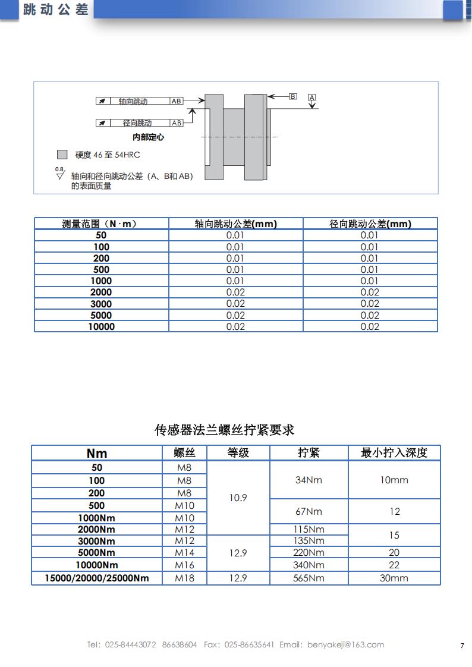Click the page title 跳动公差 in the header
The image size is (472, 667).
55,10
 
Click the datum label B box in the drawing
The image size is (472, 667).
292,96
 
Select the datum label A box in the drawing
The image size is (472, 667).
312,97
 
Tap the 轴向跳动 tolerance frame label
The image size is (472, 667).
133,101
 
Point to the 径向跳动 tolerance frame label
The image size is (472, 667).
137,123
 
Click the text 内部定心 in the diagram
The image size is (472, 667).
148,137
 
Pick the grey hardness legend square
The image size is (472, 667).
62,155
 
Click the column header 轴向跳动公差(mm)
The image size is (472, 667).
236,224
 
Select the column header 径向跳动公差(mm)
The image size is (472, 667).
370,224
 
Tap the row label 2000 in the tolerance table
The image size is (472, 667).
101,292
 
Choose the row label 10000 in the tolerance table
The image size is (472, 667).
101,326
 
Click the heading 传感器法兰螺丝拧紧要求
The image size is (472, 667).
224,430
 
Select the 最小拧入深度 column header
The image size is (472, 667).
394,452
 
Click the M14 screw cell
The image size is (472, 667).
184,552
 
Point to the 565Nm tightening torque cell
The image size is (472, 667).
309,578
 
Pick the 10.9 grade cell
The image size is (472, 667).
238,498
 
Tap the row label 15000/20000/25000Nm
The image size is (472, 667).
97,578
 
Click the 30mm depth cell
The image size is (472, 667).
394,578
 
